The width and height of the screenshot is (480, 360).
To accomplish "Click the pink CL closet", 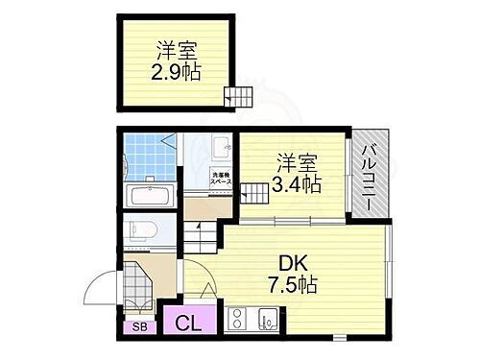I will [x=187, y=324].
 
